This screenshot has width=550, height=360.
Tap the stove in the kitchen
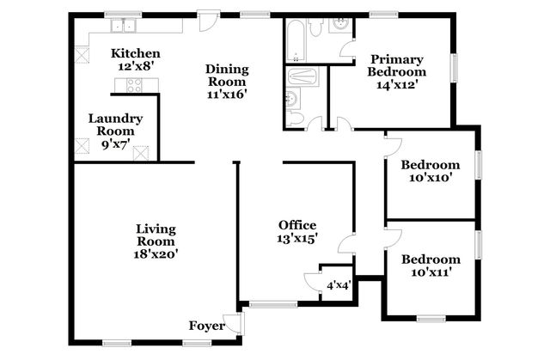coord(134,85)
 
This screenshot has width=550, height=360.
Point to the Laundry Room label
coord(115,125)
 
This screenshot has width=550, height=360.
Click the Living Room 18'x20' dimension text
coord(156,253)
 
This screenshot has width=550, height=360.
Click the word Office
coord(296,225)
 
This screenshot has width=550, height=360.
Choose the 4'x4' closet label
coord(336,285)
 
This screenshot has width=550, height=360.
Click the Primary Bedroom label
coord(396,65)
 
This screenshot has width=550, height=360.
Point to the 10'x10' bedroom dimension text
coord(431,179)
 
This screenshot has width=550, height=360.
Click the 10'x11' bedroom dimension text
coord(430,272)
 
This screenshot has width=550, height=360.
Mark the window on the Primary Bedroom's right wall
coord(455,66)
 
